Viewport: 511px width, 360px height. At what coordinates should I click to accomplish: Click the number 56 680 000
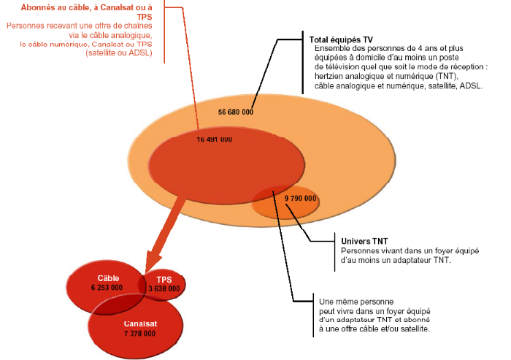pyautogui.click(x=236, y=112)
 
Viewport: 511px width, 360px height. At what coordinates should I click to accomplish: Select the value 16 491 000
pyautogui.click(x=215, y=139)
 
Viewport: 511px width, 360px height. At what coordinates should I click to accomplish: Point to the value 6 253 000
pyautogui.click(x=107, y=288)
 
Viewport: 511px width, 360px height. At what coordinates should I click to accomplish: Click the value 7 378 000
pyautogui.click(x=139, y=333)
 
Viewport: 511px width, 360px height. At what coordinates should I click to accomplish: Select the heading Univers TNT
pyautogui.click(x=364, y=241)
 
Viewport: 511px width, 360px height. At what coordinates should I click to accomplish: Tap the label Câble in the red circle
pyautogui.click(x=107, y=278)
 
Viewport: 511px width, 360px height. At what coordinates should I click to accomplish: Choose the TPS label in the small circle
pyautogui.click(x=164, y=279)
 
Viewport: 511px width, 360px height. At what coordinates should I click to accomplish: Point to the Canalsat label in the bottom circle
pyautogui.click(x=140, y=323)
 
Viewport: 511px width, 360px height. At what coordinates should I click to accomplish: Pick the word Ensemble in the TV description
pyautogui.click(x=332, y=49)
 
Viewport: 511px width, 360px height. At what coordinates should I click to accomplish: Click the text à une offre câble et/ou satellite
pyautogui.click(x=374, y=329)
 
